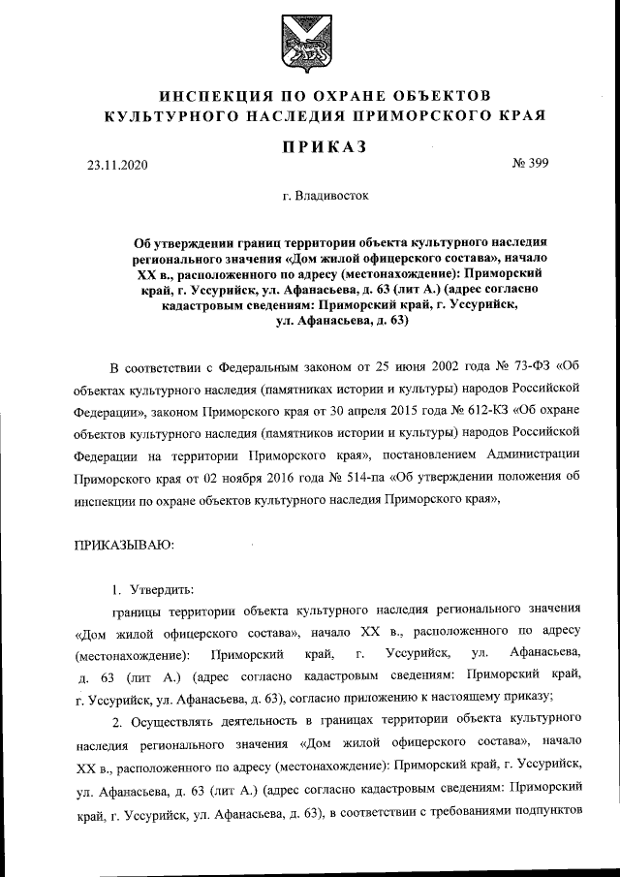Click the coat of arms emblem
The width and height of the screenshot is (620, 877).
(309, 45)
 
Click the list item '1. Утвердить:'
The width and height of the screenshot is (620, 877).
(152, 589)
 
